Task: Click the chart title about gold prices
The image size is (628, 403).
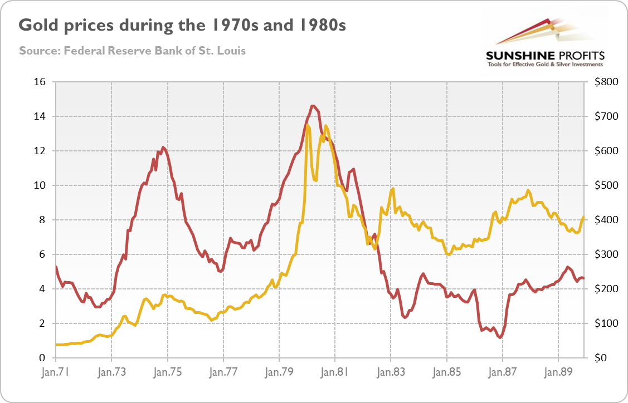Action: [x=182, y=26]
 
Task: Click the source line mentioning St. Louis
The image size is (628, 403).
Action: [x=132, y=51]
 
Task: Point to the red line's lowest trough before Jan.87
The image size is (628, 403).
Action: [x=500, y=337]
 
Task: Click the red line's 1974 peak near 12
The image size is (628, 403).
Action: [x=163, y=148]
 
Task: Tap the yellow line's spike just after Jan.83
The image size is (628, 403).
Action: [x=393, y=189]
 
